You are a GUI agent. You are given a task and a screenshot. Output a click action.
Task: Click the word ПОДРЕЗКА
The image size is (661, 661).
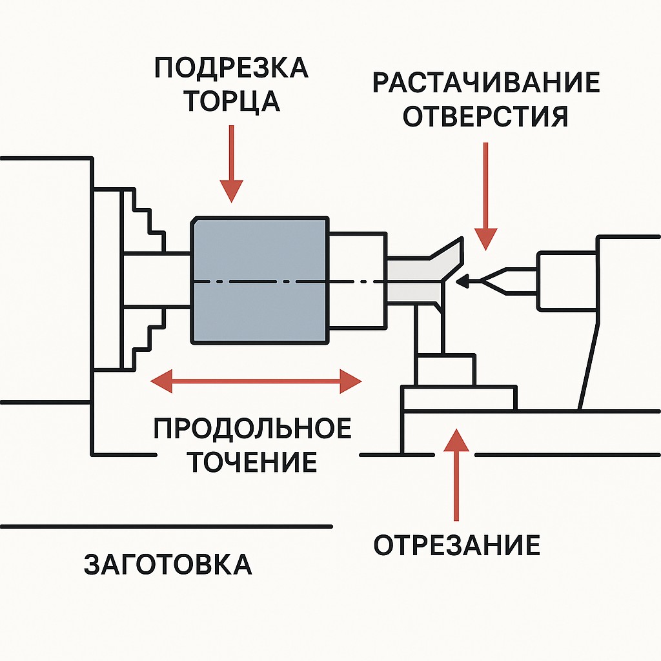[x=231, y=68]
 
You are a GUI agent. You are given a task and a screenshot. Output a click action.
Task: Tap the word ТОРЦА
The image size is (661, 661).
[x=231, y=101]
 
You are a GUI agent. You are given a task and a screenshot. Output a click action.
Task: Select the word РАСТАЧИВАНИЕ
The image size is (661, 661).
[x=485, y=84]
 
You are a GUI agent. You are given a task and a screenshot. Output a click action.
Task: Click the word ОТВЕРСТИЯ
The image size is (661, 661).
[x=485, y=117]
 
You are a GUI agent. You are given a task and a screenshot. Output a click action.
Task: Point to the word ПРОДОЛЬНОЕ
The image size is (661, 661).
[x=253, y=429]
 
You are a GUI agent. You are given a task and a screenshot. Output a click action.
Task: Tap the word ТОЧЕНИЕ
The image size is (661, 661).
[x=252, y=462]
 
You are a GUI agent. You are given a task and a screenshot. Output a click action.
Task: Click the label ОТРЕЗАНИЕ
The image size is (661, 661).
[x=457, y=545]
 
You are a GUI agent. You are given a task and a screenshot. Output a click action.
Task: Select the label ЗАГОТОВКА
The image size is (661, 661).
[x=168, y=564]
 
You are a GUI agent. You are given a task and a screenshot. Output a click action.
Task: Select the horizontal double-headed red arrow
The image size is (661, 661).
[x=256, y=381]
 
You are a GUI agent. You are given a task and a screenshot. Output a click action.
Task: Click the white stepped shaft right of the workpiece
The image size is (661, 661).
[x=358, y=281]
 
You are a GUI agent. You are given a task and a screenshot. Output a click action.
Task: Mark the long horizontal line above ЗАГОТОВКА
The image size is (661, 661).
[x=167, y=527]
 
